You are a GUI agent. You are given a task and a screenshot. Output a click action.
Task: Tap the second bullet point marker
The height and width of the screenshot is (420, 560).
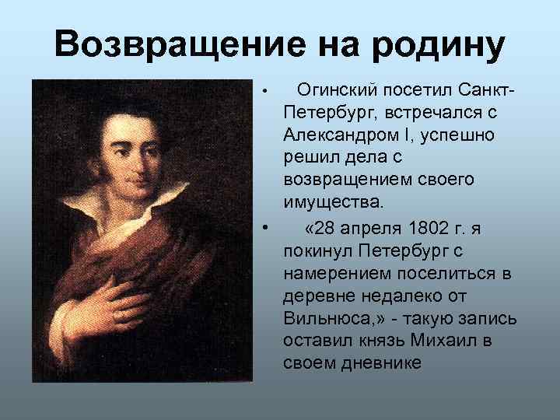click(x=265, y=227)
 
